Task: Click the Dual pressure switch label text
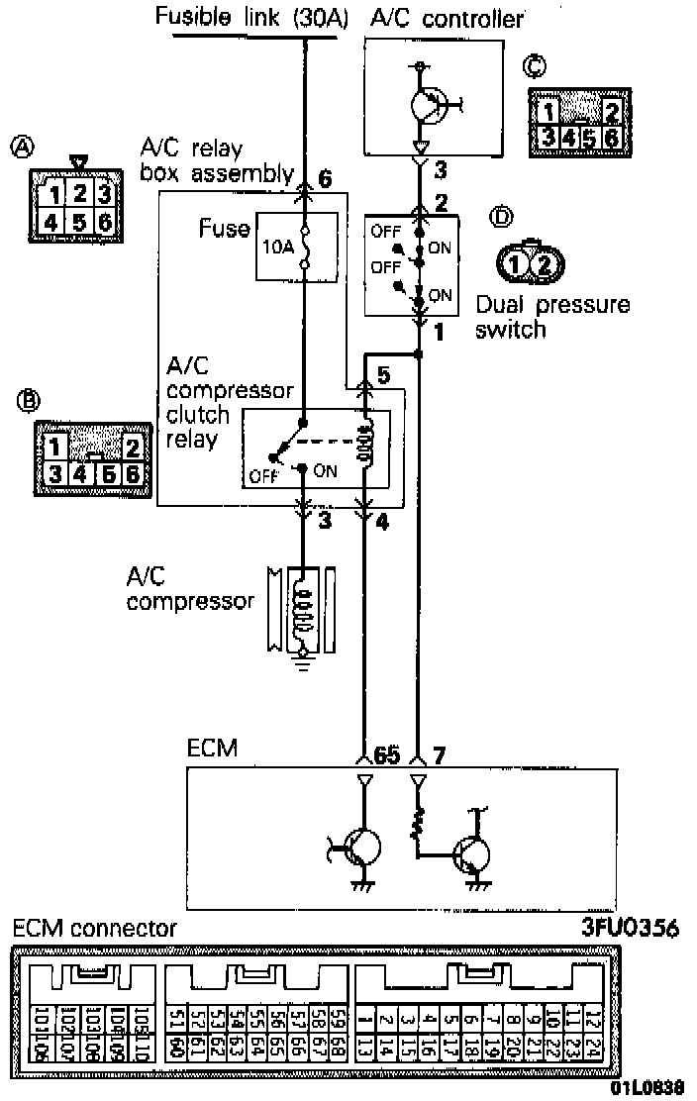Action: [x=552, y=316]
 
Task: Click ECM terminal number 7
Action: [x=441, y=755]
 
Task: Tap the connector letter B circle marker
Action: [x=29, y=400]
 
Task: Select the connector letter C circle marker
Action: [x=536, y=66]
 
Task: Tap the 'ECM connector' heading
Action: [x=95, y=928]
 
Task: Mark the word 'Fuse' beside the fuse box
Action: [x=225, y=230]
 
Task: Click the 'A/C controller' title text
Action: [x=447, y=17]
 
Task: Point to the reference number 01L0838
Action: [x=647, y=1087]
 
